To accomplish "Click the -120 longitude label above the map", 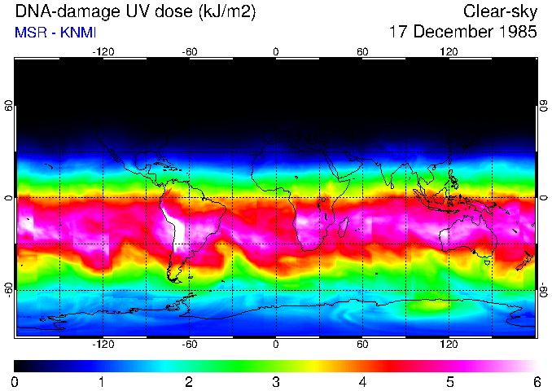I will pos(103,51).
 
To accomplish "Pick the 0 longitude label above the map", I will pos(276,51).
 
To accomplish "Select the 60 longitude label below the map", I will pos(362,344).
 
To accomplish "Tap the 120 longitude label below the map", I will pos(449,344).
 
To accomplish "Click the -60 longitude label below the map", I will pos(189,344).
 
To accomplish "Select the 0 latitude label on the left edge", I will pos(8,197).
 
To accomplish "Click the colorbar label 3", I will pos(275,381).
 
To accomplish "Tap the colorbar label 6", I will pos(536,381).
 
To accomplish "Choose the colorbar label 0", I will pos(15,381).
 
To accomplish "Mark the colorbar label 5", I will pos(449,381).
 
